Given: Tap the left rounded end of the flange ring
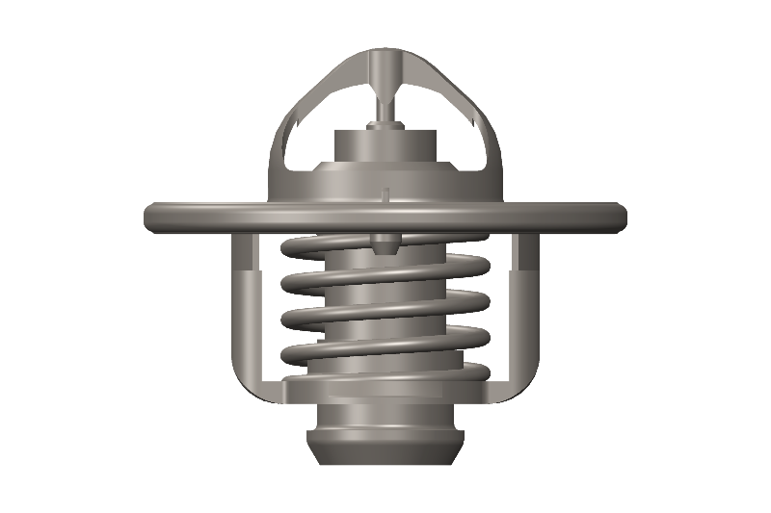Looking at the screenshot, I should tap(151, 217).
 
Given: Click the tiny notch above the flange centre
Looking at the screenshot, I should tap(385, 194).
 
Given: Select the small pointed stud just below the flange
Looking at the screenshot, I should tap(385, 242).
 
